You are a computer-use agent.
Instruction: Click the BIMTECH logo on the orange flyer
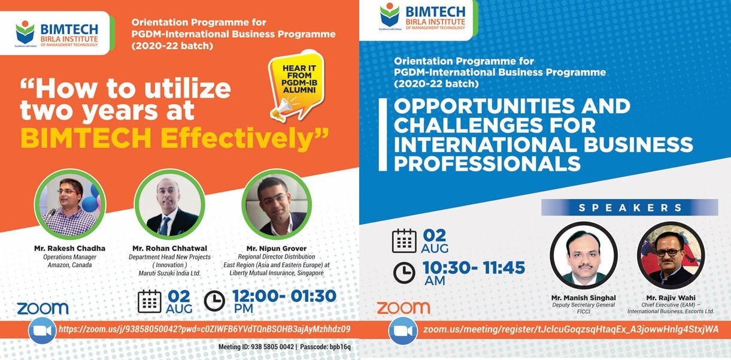pos(56,34)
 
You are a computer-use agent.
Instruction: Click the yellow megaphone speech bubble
pos(296,86)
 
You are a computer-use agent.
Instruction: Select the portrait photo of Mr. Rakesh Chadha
pos(70,204)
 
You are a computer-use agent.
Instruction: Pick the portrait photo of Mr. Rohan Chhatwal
pos(169,204)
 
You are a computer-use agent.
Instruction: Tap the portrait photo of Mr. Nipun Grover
pos(277,204)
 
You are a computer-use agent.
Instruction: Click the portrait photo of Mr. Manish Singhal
pos(584,255)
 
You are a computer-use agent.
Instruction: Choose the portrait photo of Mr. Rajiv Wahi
pos(671,255)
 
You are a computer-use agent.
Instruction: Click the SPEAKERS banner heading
pos(630,208)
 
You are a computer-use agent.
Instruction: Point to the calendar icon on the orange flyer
pos(150,301)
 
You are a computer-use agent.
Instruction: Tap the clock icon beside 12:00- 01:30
pos(214,301)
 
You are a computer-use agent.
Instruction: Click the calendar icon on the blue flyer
pos(404,241)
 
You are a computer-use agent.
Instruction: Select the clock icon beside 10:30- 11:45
pos(404,273)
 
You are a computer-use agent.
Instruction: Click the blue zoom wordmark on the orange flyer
pos(43,308)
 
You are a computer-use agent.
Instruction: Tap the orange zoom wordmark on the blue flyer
pos(404,308)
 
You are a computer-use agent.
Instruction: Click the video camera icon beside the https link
pos(42,331)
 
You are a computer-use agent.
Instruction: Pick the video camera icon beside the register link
pos(403,331)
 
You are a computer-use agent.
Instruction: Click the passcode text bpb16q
pos(340,347)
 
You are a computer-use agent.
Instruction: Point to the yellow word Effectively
pos(244,138)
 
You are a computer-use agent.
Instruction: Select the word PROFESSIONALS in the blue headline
pos(487,164)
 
